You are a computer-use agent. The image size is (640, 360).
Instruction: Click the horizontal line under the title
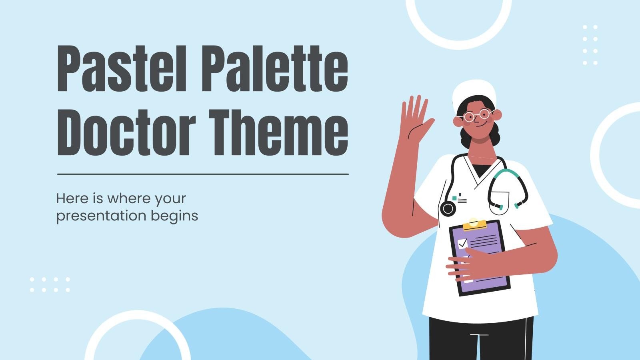pyautogui.click(x=203, y=174)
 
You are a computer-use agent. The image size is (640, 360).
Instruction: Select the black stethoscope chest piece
pyautogui.click(x=448, y=208)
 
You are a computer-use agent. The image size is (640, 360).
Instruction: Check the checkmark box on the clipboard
pyautogui.click(x=463, y=243)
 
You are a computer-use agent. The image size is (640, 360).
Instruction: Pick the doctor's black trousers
pyautogui.click(x=480, y=340)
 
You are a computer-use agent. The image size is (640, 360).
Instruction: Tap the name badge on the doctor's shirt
pyautogui.click(x=460, y=199)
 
